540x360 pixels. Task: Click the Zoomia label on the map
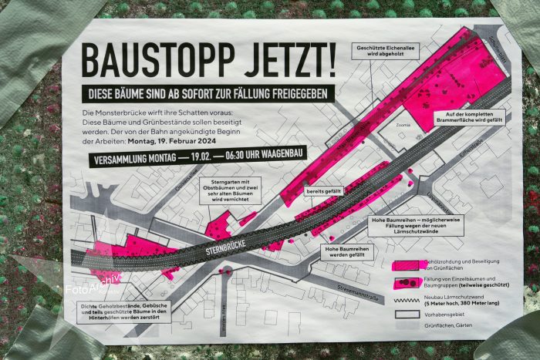click(x=403, y=124)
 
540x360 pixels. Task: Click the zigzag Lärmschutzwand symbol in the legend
click(x=407, y=299)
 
